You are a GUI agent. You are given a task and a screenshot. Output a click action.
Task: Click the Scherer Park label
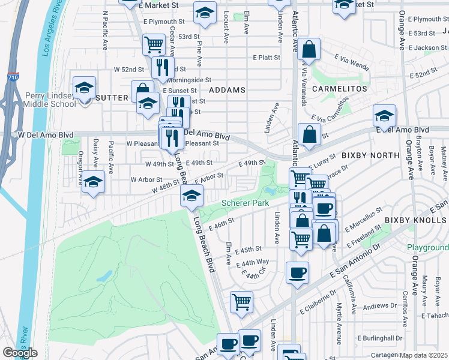click(x=245, y=203)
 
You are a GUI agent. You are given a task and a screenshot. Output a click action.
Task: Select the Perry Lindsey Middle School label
click(x=50, y=100)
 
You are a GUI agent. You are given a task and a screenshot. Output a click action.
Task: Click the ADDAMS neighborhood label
click(x=228, y=90)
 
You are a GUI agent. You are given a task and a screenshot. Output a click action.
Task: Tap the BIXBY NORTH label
click(x=370, y=155)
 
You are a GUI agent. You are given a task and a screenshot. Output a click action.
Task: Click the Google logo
click(x=20, y=353)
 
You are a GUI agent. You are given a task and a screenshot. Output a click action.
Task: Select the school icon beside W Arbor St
click(x=93, y=181)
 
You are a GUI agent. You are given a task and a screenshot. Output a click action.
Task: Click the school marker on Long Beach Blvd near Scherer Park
click(x=191, y=196)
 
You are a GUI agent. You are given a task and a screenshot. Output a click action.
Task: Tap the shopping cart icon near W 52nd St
click(x=154, y=44)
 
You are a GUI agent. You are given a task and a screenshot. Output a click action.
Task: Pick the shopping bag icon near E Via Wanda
click(x=309, y=50)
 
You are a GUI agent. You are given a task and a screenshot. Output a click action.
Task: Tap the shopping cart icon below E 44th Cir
click(x=241, y=302)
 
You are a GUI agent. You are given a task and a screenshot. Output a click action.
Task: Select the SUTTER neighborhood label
click(x=112, y=97)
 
